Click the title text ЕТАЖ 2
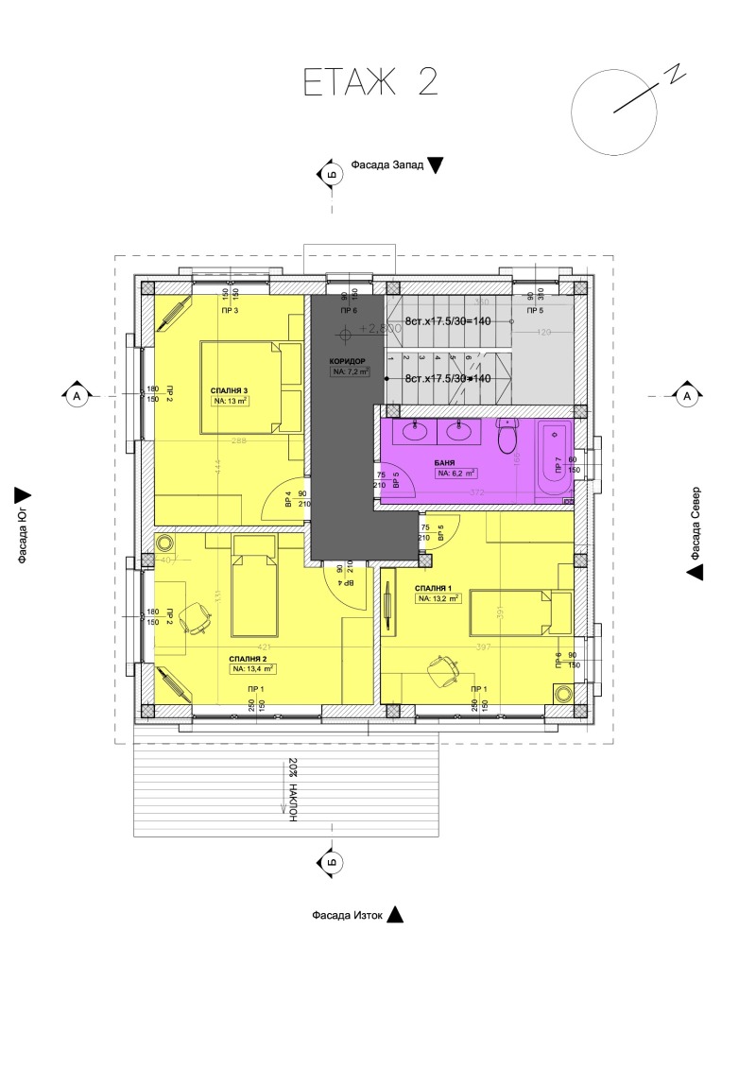(x=371, y=82)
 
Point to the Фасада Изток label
(x=348, y=915)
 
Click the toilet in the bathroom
(x=508, y=437)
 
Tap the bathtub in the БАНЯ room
(x=554, y=460)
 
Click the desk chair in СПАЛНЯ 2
(x=198, y=617)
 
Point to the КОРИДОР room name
(x=349, y=361)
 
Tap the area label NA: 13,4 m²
(x=252, y=668)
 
